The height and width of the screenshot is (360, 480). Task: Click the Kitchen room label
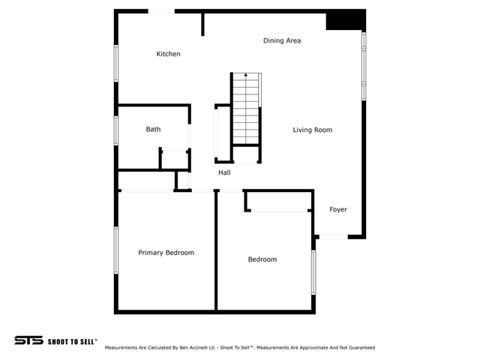[x=168, y=54]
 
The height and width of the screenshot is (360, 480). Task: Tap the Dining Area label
[x=282, y=40]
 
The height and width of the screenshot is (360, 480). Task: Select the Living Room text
[x=312, y=130]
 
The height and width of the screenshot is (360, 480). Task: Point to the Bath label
[x=153, y=130]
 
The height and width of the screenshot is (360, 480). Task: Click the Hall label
[x=224, y=172]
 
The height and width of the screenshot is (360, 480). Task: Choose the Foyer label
[x=338, y=209]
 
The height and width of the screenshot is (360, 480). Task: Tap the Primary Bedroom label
[x=166, y=253]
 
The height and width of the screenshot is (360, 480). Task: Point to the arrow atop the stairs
[x=246, y=76]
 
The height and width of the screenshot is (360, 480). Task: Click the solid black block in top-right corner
[x=345, y=20]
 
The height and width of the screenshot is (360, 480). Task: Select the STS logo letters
[x=28, y=340]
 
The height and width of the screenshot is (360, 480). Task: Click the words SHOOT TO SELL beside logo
[x=72, y=340]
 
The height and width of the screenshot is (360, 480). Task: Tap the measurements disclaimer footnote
[x=239, y=348]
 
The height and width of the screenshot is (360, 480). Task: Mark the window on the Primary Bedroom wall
[x=116, y=251]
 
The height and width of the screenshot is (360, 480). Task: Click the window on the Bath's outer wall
[x=116, y=130]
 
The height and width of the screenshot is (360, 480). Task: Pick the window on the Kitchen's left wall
[x=116, y=64]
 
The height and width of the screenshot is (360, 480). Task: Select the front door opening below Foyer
[x=333, y=237]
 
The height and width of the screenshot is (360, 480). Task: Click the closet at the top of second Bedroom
[x=277, y=201]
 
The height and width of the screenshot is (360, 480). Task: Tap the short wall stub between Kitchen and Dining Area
[x=202, y=23]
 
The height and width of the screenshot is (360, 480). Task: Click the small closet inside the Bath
[x=174, y=159]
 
